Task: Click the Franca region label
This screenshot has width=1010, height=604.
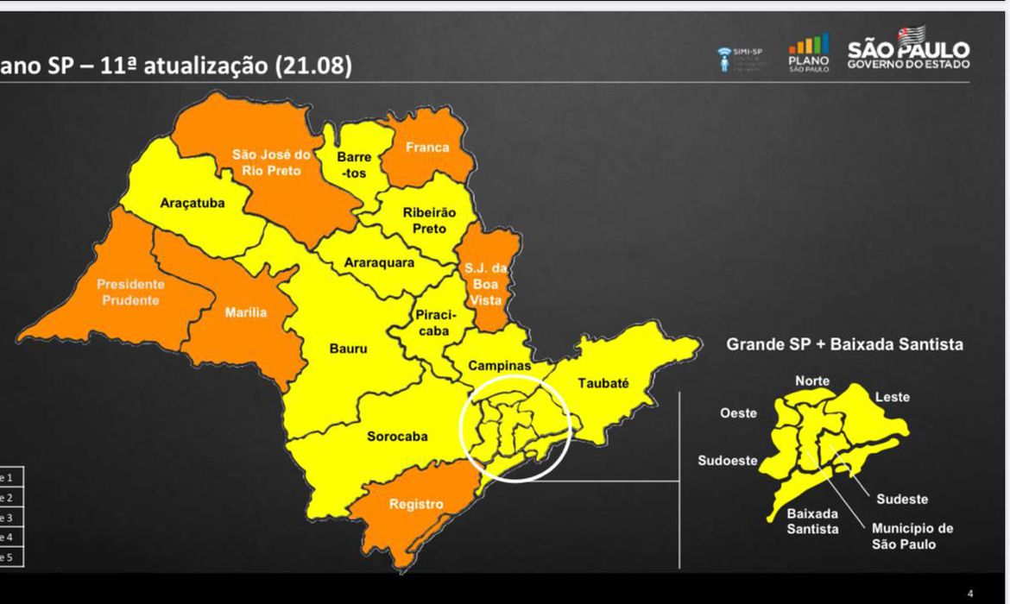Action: (x=427, y=148)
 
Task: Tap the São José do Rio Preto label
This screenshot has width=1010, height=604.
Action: (x=271, y=163)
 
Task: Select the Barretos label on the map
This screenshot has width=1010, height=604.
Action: (x=354, y=166)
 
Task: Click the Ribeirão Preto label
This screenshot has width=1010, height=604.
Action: (x=429, y=221)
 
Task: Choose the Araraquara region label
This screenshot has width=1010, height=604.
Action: (x=379, y=262)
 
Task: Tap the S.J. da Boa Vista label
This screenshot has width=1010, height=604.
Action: (x=486, y=284)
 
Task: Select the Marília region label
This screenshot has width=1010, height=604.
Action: (x=246, y=312)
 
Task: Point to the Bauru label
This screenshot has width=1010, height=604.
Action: (x=348, y=349)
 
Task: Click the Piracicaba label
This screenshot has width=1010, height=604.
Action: (x=434, y=324)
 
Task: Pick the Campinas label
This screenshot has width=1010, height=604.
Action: (x=499, y=366)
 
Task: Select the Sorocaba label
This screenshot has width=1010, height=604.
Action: (x=397, y=436)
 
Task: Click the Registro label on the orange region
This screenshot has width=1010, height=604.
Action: (x=416, y=504)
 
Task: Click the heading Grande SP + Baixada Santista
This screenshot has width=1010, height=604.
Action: (x=844, y=344)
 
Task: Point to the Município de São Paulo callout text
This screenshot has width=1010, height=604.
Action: (x=912, y=536)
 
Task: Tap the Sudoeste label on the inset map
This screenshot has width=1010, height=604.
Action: (x=728, y=460)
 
